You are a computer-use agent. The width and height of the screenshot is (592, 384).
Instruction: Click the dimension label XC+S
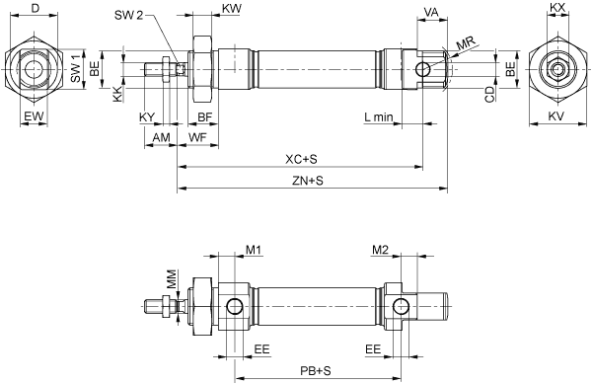(x=301, y=159)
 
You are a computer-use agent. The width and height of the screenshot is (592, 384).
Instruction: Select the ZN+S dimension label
(x=308, y=181)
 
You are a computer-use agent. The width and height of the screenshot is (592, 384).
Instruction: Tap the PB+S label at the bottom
(x=316, y=371)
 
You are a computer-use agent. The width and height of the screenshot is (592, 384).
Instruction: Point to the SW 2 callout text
(x=128, y=15)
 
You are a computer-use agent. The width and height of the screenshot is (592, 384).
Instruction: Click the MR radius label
(x=467, y=43)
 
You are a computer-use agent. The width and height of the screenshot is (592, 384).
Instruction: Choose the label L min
(x=379, y=117)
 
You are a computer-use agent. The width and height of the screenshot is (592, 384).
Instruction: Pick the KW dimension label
(x=232, y=9)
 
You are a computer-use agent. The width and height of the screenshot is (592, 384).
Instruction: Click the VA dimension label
(x=431, y=12)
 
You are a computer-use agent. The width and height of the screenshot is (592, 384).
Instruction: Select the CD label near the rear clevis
(x=489, y=95)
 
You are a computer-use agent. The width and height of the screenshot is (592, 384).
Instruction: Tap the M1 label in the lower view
(x=254, y=250)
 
